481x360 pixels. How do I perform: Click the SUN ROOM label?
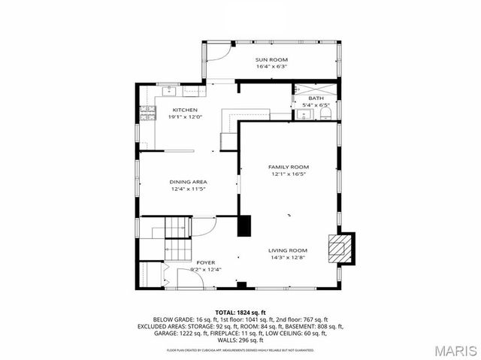pos(271,59)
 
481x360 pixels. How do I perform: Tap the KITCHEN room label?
pos(185,110)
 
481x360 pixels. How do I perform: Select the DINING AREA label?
pos(188,182)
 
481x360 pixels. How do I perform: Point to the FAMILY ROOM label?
pos(289,167)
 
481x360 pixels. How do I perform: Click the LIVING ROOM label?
pos(288,250)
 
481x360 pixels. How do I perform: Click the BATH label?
pos(316,98)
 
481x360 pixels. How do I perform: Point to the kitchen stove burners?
pos(145,114)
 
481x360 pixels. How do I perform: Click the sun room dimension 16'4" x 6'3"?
pos(271,67)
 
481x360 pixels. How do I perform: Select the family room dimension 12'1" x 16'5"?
pos(289,174)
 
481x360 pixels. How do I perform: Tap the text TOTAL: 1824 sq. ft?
pos(240,311)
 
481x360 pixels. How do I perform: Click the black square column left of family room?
pos(244,225)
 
